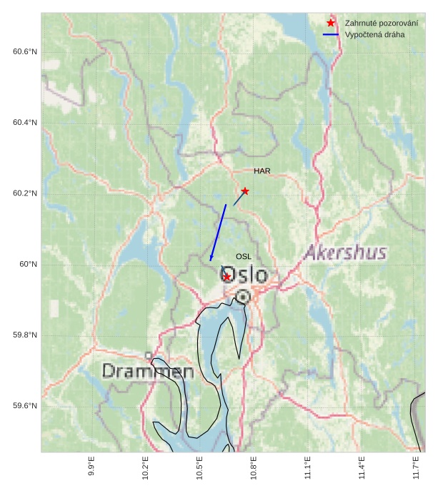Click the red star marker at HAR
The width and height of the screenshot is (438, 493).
[x=245, y=191]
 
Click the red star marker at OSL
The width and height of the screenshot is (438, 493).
[x=227, y=277]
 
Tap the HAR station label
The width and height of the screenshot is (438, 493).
[x=262, y=171]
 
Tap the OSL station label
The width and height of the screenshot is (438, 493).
[x=244, y=256]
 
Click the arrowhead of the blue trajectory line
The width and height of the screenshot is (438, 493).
[x=211, y=258]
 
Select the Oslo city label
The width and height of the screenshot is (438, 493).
[x=244, y=275]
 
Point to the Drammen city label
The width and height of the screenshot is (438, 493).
[x=148, y=371]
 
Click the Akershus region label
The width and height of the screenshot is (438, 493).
[x=346, y=253]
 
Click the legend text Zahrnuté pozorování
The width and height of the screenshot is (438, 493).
[x=381, y=24]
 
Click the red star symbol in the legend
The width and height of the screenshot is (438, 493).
[x=331, y=24]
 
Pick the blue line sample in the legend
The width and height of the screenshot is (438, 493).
[x=331, y=34]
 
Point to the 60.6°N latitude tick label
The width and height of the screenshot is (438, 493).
[x=24, y=52]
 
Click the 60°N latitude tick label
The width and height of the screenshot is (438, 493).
[x=29, y=265]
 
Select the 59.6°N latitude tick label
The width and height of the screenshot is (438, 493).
[x=24, y=406]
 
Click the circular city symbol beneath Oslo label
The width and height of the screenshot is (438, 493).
[x=243, y=296]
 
